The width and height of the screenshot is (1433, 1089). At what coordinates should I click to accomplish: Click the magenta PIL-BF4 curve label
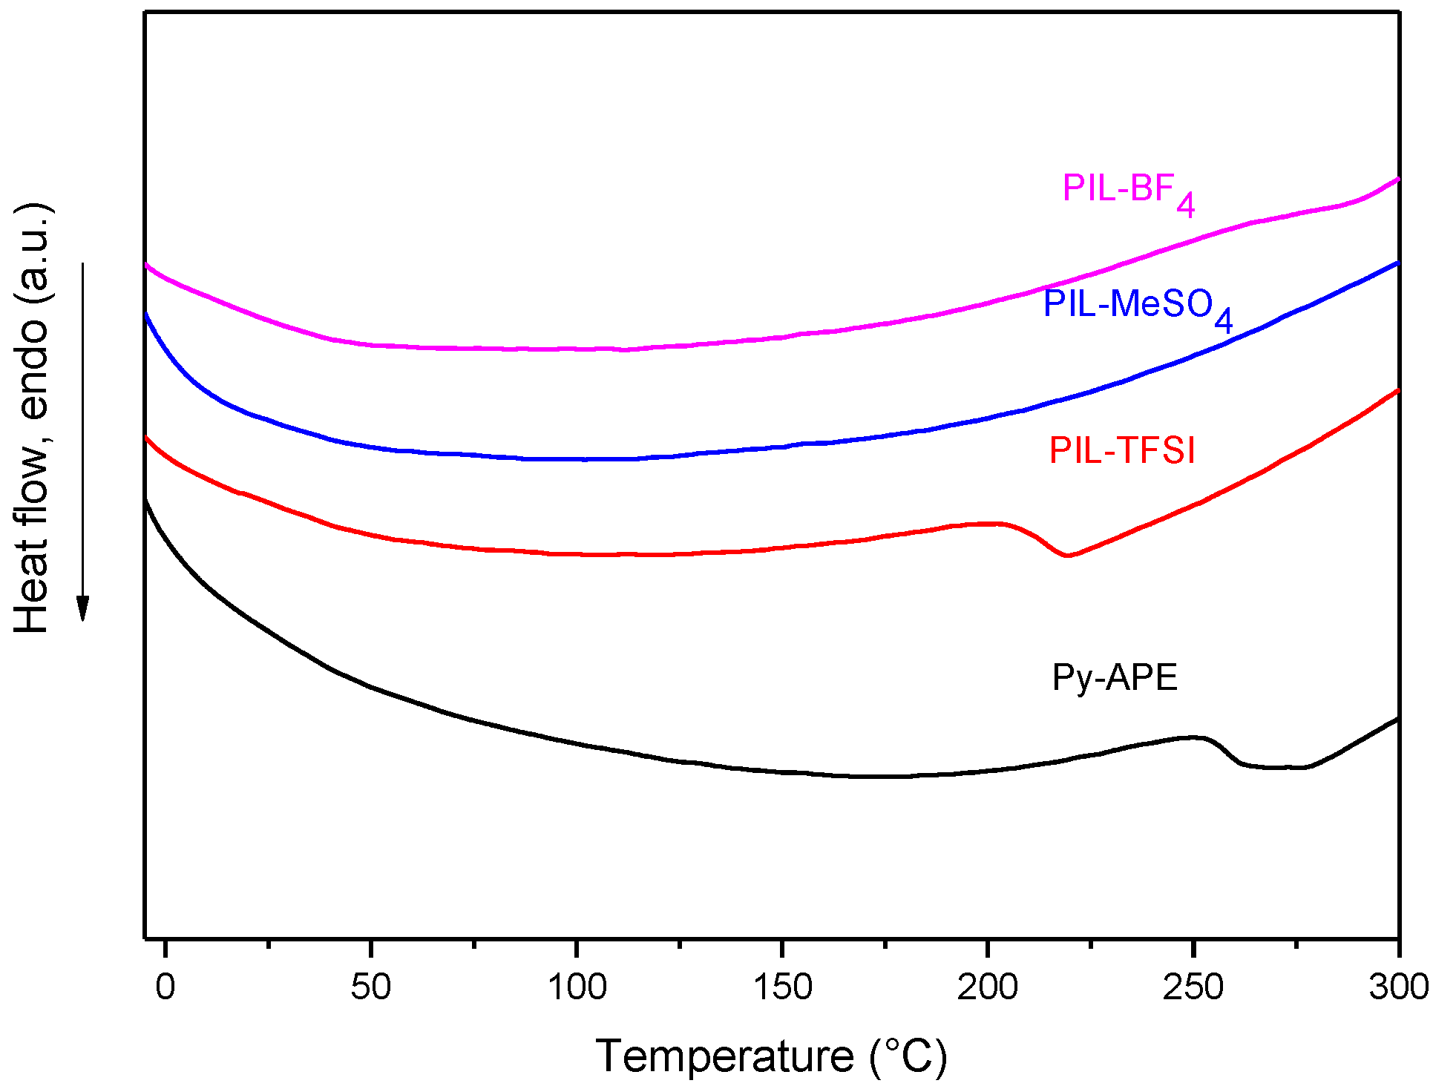[1127, 191]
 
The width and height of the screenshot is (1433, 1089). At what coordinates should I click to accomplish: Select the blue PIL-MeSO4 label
[1137, 306]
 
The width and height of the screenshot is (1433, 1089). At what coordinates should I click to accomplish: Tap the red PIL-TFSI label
[1122, 451]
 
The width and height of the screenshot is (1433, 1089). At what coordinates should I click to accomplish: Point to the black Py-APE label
[1115, 677]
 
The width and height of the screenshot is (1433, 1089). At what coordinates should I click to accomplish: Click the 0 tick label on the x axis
[165, 987]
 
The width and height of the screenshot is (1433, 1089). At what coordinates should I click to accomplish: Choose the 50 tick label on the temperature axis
[370, 987]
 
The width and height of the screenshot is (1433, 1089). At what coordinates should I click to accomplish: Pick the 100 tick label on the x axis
[577, 987]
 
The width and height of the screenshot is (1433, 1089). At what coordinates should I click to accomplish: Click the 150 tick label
[782, 987]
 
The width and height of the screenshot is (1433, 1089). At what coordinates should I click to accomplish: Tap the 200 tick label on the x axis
[987, 987]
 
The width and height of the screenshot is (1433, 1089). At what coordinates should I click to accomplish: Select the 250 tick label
[1193, 987]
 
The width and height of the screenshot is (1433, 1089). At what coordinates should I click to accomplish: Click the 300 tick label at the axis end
[1398, 987]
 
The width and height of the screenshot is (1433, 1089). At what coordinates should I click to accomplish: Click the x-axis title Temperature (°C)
[771, 1056]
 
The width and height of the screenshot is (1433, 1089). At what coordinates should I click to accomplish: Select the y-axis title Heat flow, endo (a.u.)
[31, 420]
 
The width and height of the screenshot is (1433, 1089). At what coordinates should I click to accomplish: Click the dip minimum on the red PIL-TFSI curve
[1067, 555]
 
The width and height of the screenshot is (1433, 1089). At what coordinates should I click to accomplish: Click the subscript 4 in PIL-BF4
[1186, 205]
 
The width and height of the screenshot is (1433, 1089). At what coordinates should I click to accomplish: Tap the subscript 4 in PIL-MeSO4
[1223, 320]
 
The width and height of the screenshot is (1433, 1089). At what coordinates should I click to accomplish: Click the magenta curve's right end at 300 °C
[1397, 179]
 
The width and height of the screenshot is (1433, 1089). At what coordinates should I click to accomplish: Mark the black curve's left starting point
[146, 501]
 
